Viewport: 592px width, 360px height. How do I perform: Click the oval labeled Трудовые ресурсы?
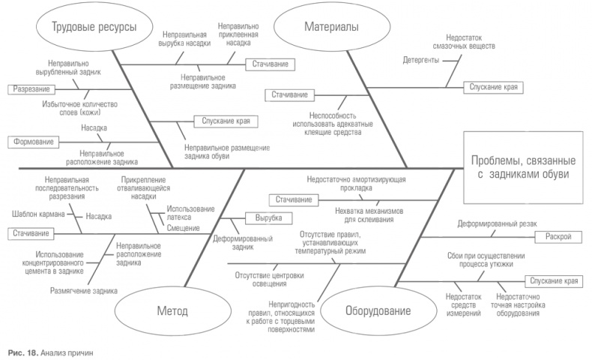coord(94,28)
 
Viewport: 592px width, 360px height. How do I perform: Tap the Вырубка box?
coord(263,217)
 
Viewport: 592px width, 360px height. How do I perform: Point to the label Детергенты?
coord(420,59)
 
